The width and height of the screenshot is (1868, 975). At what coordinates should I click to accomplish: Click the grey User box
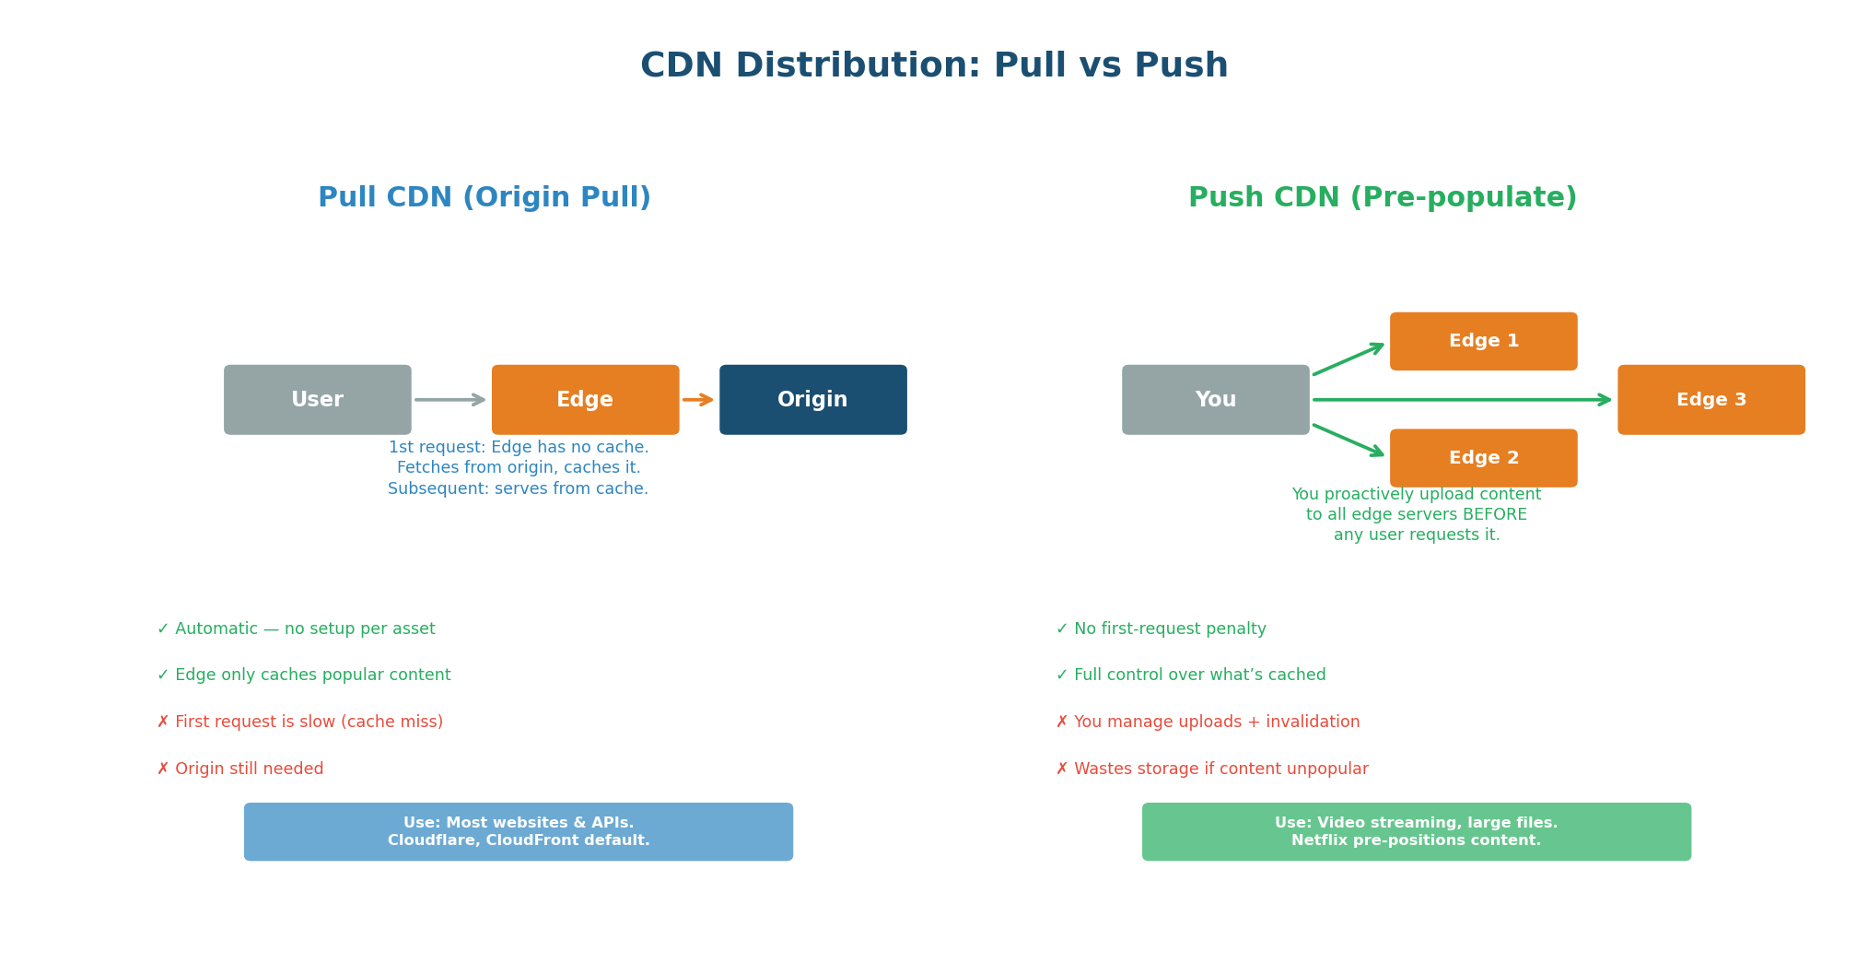tap(317, 400)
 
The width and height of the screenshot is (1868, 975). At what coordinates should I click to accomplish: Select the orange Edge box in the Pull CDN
tap(585, 400)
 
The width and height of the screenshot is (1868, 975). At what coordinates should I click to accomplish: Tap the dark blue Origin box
tap(812, 400)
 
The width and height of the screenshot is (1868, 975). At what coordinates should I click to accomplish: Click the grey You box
tap(1215, 400)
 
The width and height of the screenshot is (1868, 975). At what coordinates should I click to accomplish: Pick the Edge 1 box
tap(1483, 341)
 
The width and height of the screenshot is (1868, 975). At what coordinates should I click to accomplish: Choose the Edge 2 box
tap(1483, 458)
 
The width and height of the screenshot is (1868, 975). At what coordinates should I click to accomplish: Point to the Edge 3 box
tap(1710, 400)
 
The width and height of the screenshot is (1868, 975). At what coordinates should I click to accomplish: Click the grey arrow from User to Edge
tap(449, 400)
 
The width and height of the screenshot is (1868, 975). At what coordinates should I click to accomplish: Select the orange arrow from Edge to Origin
tap(697, 400)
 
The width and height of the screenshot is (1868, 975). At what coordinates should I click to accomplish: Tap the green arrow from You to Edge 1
tap(1348, 359)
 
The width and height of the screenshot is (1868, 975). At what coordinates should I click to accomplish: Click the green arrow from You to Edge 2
tap(1348, 440)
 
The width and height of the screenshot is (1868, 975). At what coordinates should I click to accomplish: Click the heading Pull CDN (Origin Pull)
tap(485, 198)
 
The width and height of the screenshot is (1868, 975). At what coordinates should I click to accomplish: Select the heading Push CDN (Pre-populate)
tap(1382, 198)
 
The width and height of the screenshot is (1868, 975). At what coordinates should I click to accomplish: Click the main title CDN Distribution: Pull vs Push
tap(934, 66)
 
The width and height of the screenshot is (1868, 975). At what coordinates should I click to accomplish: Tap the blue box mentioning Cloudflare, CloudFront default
tap(518, 831)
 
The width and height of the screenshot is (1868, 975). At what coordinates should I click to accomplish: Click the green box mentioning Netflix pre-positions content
tap(1416, 831)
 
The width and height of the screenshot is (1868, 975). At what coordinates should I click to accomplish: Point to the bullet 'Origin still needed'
tap(241, 769)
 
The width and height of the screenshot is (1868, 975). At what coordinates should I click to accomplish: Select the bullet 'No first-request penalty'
tap(1162, 628)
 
